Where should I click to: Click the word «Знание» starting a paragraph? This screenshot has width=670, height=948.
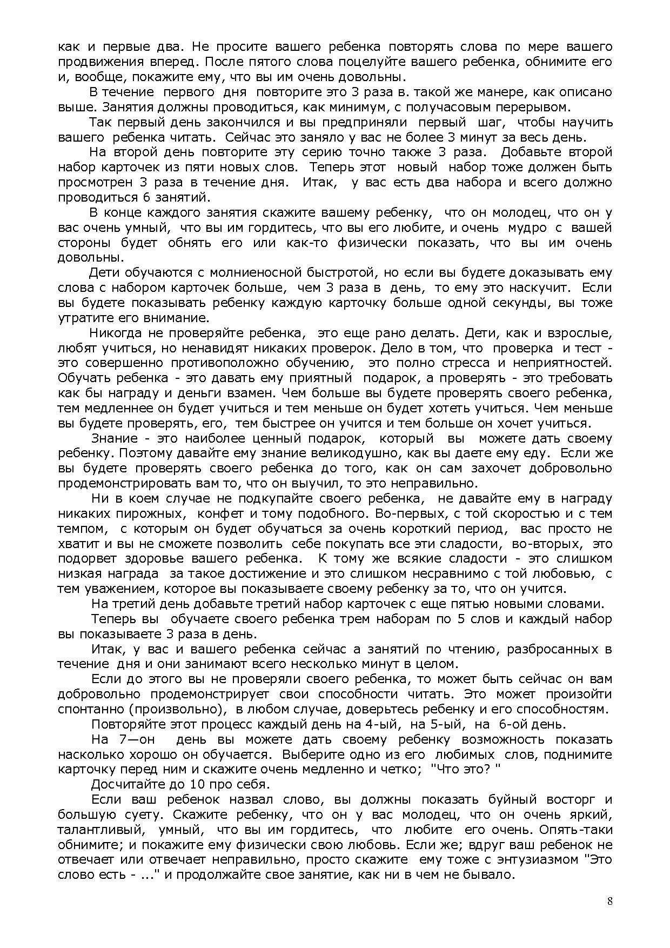113,438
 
